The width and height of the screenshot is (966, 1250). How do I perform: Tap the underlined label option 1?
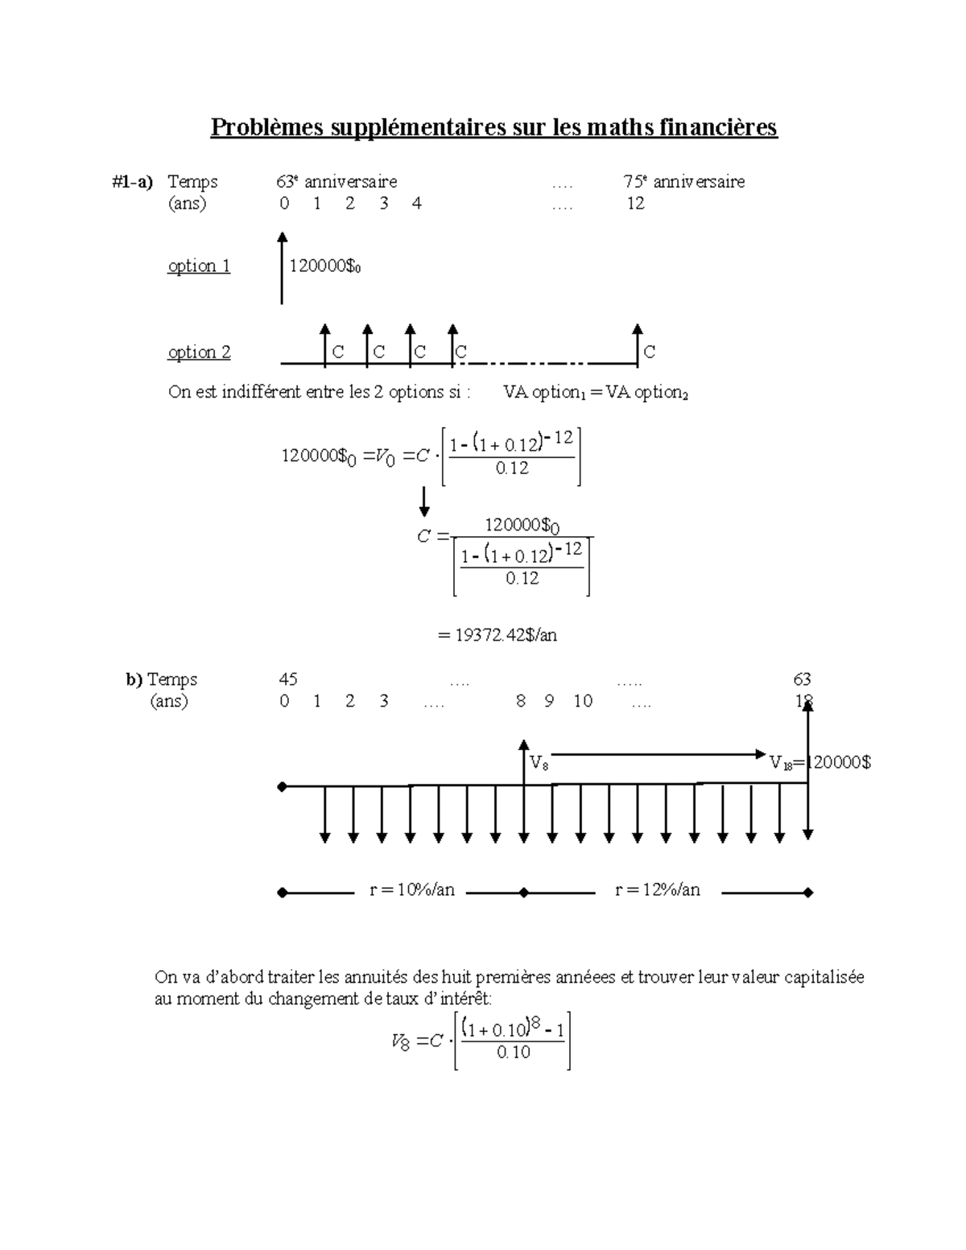[199, 266]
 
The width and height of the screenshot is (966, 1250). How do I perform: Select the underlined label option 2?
[199, 353]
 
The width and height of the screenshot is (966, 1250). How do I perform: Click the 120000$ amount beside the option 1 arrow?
[324, 266]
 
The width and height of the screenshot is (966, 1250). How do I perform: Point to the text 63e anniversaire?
[336, 182]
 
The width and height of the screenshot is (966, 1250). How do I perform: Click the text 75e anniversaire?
[683, 182]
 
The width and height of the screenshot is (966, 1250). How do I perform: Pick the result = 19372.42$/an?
[497, 635]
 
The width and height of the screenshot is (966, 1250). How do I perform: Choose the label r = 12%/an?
[658, 890]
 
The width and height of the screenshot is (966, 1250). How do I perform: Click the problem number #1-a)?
[133, 182]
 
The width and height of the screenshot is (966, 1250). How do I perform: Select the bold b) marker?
[134, 680]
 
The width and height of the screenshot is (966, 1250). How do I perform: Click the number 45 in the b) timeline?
[288, 680]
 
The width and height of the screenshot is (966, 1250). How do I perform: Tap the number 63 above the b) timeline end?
[802, 680]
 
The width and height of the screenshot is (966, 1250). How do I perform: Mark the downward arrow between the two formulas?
[424, 501]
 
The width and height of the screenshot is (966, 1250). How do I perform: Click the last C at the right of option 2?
[650, 353]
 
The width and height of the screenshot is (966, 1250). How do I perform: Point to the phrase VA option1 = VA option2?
[596, 393]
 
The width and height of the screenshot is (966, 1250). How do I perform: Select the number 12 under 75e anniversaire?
[636, 204]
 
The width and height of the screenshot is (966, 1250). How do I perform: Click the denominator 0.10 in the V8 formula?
[514, 1053]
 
